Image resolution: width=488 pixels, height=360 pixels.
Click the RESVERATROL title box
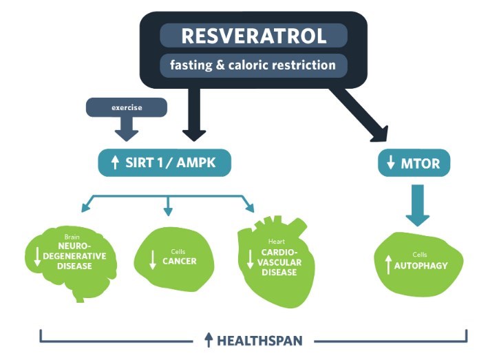(x=253, y=36)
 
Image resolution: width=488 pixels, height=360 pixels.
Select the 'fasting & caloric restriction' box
(x=253, y=66)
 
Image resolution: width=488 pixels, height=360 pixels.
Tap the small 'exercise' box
(x=126, y=107)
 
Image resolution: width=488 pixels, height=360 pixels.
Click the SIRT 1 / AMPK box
(x=164, y=163)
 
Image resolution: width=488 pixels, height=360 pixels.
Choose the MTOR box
(x=414, y=163)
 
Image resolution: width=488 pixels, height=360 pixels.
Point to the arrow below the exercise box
(x=127, y=128)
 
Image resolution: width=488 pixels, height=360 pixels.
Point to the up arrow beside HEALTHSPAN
(x=209, y=340)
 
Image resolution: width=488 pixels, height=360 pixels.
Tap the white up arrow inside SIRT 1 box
(x=115, y=163)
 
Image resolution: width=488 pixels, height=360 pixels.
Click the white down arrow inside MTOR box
(x=390, y=163)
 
